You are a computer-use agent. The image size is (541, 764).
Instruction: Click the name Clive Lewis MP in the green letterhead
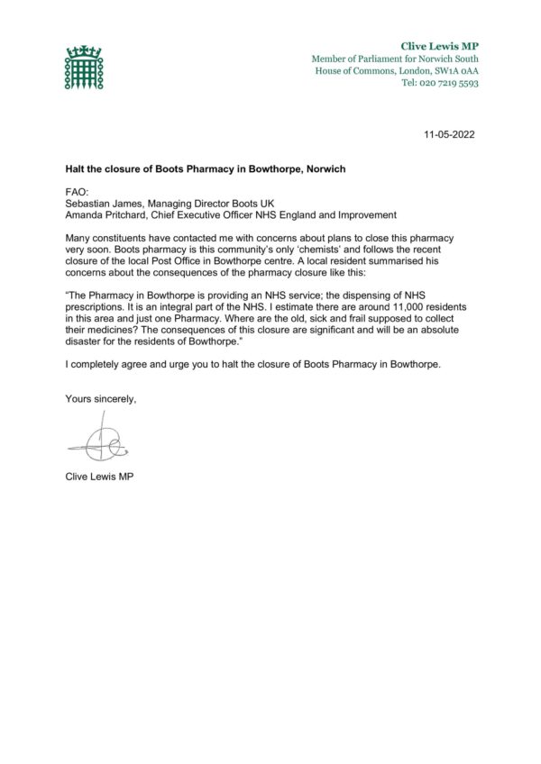439,45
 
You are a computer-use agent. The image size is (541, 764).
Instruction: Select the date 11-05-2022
449,134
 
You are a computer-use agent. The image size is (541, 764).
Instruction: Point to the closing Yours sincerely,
101,398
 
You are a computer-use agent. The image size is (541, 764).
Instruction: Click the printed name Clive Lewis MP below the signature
100,476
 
